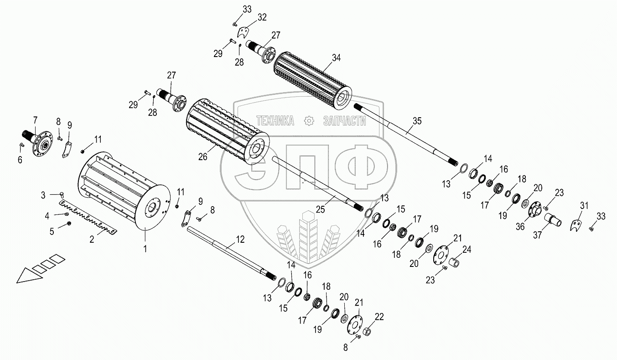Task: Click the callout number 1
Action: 145,248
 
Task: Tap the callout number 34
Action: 336,58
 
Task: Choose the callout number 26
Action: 202,156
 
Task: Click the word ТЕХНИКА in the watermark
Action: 275,120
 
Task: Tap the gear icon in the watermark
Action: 309,120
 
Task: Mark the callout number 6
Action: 20,160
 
